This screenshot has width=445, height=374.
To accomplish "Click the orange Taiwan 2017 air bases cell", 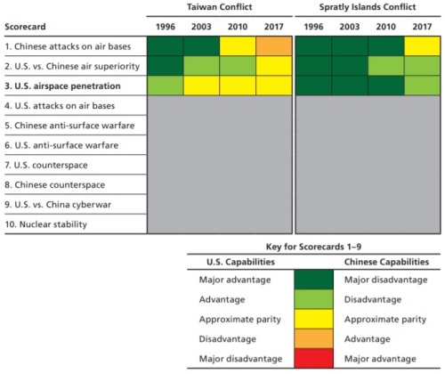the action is (x=274, y=46).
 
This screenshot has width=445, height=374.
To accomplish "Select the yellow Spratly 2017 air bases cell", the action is (x=422, y=46).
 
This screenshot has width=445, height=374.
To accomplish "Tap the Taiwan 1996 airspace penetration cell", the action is (x=166, y=85).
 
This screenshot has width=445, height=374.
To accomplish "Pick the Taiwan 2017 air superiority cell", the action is (x=274, y=66).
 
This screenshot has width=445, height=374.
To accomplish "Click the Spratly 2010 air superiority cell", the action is (x=386, y=66).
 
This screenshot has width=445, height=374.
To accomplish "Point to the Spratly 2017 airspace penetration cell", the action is (x=422, y=85).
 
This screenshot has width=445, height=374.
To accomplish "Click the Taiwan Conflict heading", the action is (x=220, y=7).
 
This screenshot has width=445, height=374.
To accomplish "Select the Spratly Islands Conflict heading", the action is (x=368, y=7).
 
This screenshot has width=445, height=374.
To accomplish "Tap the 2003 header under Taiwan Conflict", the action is (x=201, y=27).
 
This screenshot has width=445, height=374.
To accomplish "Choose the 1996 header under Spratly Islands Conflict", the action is (x=313, y=27).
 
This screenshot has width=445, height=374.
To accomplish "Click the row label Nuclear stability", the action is (x=46, y=224).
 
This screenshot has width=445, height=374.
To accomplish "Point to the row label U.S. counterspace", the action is (x=46, y=165).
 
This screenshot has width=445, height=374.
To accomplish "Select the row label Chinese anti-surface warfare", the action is (x=69, y=126).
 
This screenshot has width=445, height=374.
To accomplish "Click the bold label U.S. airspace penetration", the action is (x=63, y=86).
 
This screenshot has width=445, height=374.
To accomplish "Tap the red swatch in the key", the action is (x=314, y=358).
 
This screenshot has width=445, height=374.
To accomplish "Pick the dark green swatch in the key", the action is (x=314, y=280).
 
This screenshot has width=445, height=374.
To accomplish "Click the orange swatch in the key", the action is (x=314, y=338).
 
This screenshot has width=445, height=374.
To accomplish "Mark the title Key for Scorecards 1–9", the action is (x=313, y=247).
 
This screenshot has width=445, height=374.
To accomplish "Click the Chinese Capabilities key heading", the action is (x=386, y=262).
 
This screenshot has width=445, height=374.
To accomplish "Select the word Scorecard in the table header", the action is (x=25, y=27).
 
